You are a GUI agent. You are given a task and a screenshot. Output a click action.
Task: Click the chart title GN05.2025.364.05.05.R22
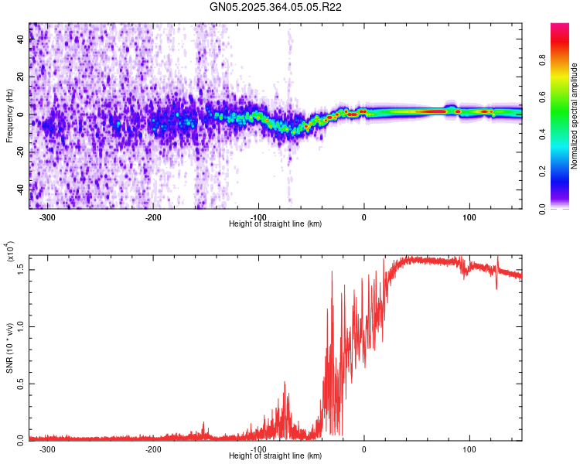coord(276,8)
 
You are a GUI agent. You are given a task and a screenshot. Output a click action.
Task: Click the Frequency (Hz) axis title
coord(10,116)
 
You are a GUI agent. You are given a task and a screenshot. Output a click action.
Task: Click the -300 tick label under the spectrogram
coord(48,217)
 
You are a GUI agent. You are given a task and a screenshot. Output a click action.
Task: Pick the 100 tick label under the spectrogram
coord(469,217)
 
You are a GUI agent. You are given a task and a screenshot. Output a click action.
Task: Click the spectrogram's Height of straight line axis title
coord(275,223)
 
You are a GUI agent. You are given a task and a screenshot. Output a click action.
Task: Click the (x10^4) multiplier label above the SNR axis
coord(10,251)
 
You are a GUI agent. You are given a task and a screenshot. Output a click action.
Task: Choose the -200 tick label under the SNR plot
coord(153,449)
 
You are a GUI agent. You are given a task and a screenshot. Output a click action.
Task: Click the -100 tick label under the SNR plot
coord(258,449)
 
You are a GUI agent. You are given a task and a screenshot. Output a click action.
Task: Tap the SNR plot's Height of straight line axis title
coord(275,456)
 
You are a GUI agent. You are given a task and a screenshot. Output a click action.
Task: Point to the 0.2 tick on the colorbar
coord(544,172)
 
